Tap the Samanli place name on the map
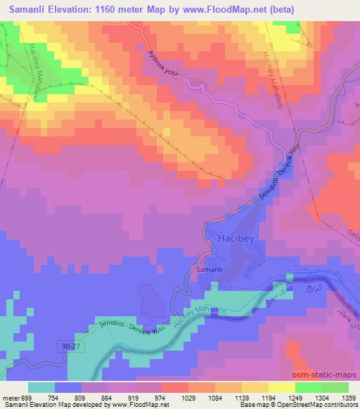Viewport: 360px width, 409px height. click(x=210, y=271)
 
